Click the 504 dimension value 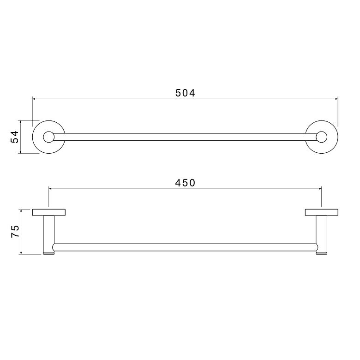coord(185,93)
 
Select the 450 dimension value coord(185,183)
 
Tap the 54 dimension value coord(15,137)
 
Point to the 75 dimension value coord(15,231)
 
